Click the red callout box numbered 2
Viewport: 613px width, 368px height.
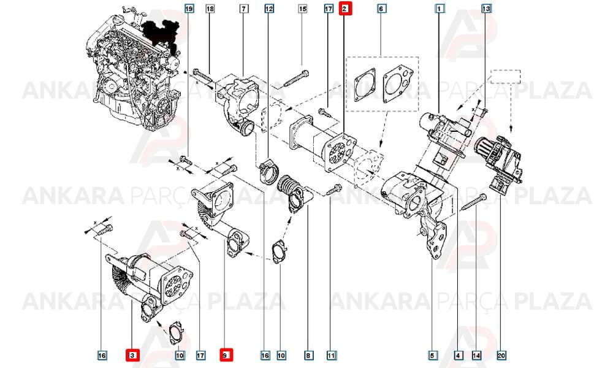345,8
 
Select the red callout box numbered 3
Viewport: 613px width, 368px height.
132,355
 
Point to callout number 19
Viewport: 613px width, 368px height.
189,8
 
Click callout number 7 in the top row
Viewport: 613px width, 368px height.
244,8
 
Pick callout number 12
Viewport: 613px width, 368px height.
269,8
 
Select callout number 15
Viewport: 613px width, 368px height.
303,8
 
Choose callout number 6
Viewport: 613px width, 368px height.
381,8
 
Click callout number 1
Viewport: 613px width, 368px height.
440,8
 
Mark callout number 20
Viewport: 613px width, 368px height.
501,355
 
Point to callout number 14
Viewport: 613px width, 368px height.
476,355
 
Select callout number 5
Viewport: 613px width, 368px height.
432,355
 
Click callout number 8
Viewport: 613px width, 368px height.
308,355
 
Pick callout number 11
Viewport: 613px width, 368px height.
331,355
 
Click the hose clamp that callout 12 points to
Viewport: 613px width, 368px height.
268,171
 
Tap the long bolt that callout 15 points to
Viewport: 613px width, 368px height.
296,79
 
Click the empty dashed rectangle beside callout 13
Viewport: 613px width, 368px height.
506,77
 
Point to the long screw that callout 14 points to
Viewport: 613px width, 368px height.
474,202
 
